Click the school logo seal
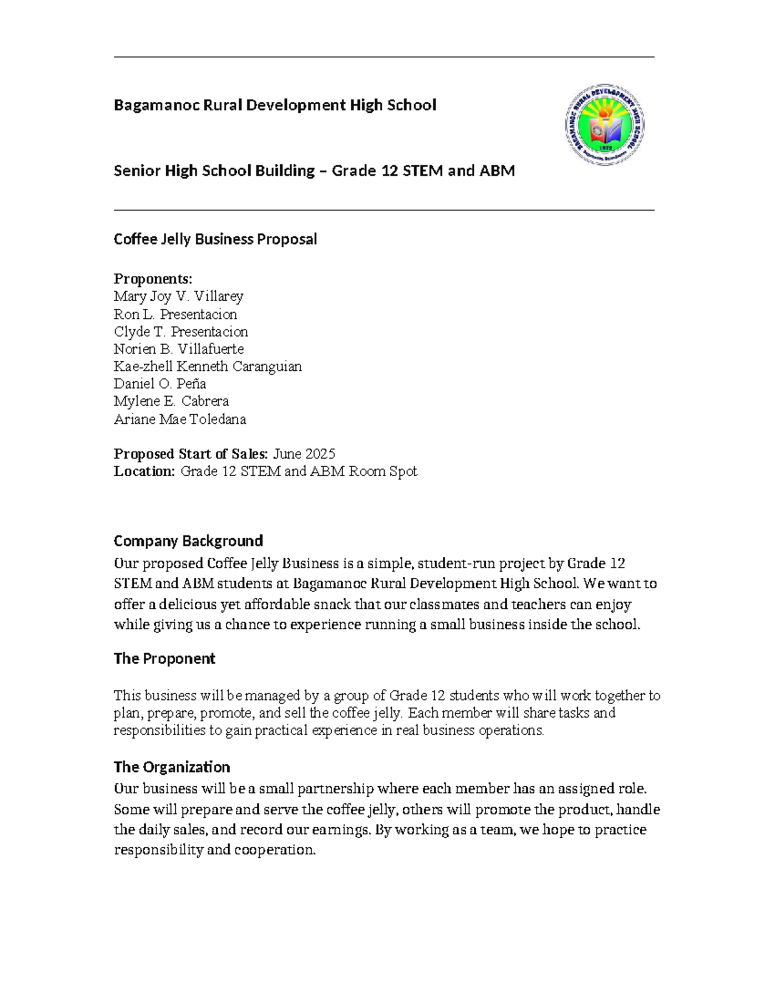pos(604,125)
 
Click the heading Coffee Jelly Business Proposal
pos(215,239)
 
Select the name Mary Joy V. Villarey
pos(178,296)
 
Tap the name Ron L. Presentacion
pos(175,315)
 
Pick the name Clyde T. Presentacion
pos(181,332)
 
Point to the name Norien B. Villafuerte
pos(179,349)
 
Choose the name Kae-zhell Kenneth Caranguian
pos(207,367)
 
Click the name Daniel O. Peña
pos(160,384)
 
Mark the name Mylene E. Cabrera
pos(171,402)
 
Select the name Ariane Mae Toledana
pos(180,419)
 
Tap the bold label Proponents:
pos(153,279)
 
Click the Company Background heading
pos(188,541)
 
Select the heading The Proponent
pos(164,659)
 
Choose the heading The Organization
pos(172,767)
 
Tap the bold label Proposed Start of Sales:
pos(191,454)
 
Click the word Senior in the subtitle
pos(137,171)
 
